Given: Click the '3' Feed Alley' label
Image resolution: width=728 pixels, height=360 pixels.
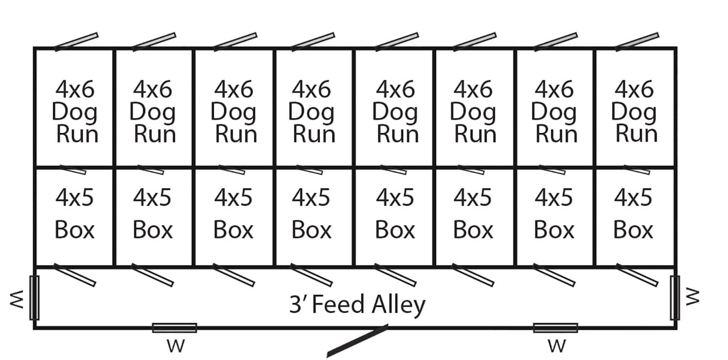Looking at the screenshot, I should click(x=357, y=305).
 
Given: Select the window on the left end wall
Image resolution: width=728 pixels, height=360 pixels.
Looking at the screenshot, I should click(x=34, y=297).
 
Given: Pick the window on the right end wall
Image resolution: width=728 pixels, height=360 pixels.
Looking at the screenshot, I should click(x=675, y=297).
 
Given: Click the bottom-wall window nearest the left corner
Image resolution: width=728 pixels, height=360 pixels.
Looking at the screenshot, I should click(x=174, y=328).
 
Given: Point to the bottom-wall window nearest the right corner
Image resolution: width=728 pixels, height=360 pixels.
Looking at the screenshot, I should click(x=555, y=328).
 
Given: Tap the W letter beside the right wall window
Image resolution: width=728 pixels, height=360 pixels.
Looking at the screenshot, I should click(x=693, y=296).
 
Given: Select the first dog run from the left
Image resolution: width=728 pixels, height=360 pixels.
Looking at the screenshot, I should click(x=74, y=108).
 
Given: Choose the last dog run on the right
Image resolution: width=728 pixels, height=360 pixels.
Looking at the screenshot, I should click(x=634, y=108).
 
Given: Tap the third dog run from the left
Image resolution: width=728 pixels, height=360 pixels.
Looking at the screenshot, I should click(x=234, y=108).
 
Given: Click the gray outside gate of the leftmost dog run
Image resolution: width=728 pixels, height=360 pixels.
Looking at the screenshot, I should click(x=77, y=42).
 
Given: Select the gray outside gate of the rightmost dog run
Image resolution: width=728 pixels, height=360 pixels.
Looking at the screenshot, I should click(x=637, y=42).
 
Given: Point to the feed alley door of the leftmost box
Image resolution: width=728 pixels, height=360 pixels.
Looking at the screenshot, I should click(x=75, y=275).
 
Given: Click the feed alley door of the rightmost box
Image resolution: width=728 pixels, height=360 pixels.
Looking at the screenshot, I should click(x=637, y=275).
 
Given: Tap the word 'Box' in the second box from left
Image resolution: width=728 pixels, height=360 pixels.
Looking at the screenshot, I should click(x=152, y=230).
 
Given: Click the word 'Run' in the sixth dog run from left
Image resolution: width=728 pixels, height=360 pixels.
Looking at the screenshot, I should click(x=475, y=134).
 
